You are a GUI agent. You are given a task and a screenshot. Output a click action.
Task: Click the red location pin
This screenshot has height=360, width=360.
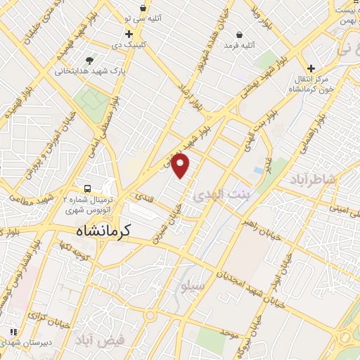[x=181, y=165]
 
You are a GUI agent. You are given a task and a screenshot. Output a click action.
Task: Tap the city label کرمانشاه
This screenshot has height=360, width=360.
[x=106, y=231]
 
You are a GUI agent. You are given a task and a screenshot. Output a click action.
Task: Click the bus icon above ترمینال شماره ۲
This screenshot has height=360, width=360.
[x=87, y=189]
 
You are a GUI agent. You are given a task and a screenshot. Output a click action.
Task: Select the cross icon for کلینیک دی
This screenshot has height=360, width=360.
[x=129, y=34]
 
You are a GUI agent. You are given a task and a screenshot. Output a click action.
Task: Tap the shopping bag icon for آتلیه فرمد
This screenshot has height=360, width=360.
[x=239, y=34]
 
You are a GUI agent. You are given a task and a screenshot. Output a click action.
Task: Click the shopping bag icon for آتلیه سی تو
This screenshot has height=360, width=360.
[x=143, y=8]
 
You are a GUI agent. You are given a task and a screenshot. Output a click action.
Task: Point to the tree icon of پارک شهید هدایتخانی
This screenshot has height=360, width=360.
[x=88, y=60]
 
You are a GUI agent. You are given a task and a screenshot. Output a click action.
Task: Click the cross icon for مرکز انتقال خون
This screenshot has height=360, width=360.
[x=311, y=68]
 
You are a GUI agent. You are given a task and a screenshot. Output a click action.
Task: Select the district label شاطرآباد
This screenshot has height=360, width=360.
[x=312, y=181]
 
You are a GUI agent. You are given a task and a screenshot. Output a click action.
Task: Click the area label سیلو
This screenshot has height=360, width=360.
[x=192, y=286]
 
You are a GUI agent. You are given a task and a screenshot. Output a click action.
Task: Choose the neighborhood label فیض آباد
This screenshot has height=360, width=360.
[x=102, y=340]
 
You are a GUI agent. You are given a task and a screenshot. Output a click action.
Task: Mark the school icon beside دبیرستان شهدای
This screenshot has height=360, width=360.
[x=13, y=331]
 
